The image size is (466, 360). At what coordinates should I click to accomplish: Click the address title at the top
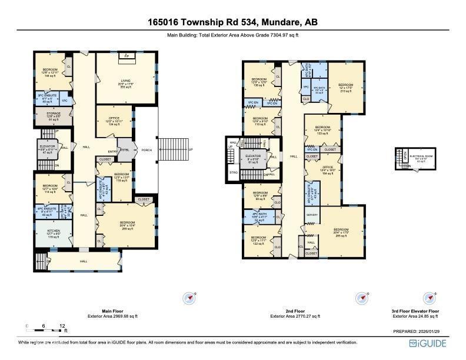[x=232, y=23]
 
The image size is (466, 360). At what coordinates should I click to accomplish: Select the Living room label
[x=125, y=83]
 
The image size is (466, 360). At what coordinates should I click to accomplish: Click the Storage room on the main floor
[x=53, y=116]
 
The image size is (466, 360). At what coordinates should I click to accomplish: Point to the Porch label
[x=146, y=150]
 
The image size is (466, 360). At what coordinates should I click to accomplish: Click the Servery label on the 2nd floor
[x=312, y=215]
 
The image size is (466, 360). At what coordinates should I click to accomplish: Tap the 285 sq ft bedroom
[x=341, y=232]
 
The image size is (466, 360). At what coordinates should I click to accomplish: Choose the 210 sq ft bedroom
[x=345, y=86]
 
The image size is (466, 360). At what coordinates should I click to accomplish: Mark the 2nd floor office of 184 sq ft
[x=327, y=171]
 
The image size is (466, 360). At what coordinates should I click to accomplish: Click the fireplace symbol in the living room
[x=126, y=56]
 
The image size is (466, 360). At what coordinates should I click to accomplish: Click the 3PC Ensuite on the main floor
[x=48, y=98]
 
